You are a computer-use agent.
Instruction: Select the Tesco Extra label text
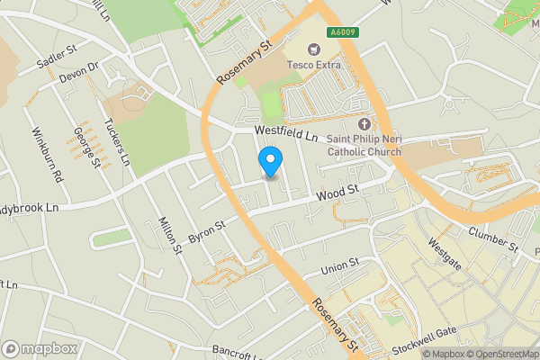(x=316, y=65)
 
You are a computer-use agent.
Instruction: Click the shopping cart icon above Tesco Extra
(x=316, y=49)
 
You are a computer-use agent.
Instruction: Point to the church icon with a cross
(x=364, y=124)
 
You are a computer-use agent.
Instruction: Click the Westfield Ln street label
(x=286, y=133)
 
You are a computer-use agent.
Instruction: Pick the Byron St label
(x=206, y=229)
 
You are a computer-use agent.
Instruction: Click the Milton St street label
(x=170, y=235)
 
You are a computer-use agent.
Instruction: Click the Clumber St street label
(x=493, y=239)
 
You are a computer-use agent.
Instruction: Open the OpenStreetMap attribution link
(x=501, y=354)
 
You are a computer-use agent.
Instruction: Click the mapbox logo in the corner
(x=40, y=348)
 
